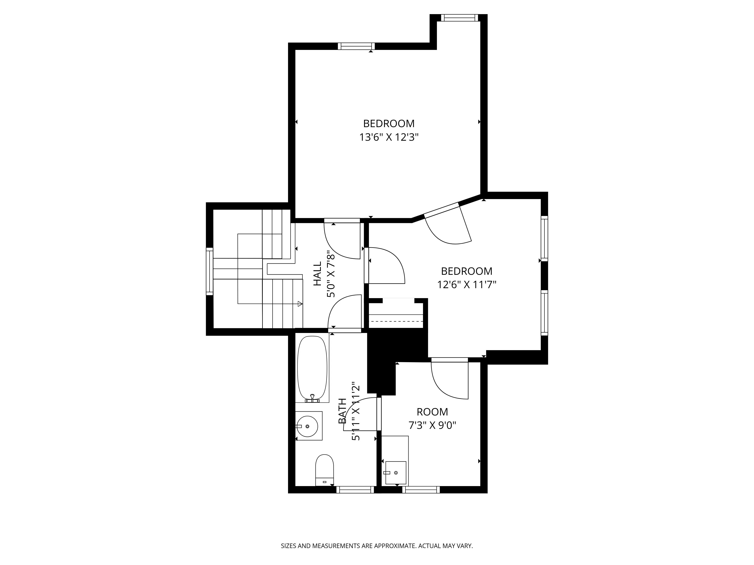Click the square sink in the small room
pyautogui.click(x=396, y=473)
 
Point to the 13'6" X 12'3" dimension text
pyautogui.click(x=388, y=137)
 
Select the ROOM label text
pyautogui.click(x=432, y=412)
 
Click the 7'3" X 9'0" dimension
pyautogui.click(x=432, y=425)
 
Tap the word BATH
pyautogui.click(x=342, y=411)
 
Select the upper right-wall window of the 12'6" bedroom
pyautogui.click(x=544, y=238)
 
